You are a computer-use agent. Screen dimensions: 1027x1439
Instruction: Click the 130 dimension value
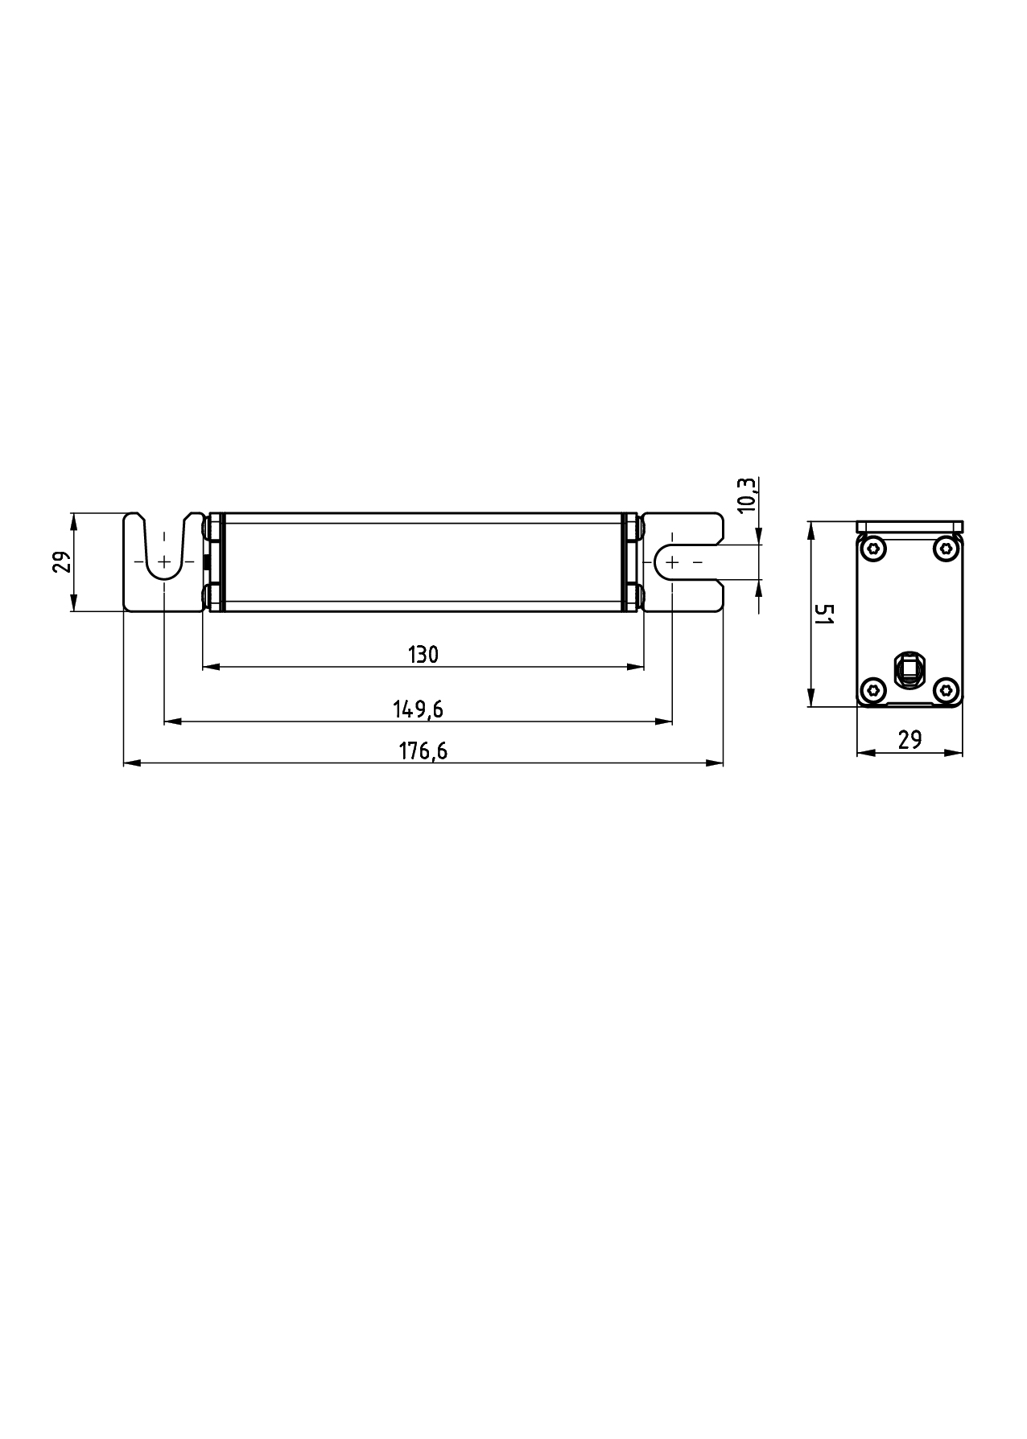click(x=423, y=655)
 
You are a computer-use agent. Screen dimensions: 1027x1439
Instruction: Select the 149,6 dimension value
click(x=419, y=709)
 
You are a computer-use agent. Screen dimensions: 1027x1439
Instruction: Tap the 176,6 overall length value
click(x=423, y=751)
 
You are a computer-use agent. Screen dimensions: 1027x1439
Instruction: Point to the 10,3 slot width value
click(x=746, y=495)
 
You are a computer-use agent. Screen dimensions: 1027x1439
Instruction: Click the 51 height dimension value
click(x=823, y=616)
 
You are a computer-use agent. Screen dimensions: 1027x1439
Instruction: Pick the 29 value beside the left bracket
click(x=62, y=561)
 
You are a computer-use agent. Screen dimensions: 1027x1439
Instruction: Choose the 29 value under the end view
click(x=909, y=740)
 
